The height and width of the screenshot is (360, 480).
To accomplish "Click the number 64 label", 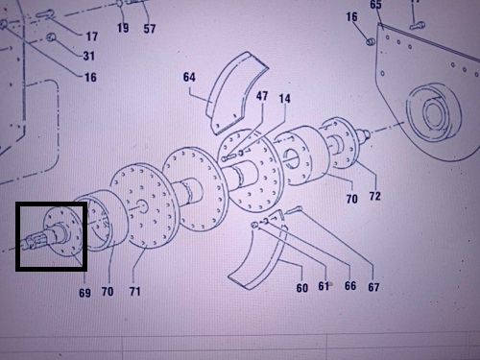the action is point(189,77).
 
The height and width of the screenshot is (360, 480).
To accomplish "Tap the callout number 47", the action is point(262,96).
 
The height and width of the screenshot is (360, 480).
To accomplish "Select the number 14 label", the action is point(284,98).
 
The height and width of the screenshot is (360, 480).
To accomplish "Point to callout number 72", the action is point(375,196).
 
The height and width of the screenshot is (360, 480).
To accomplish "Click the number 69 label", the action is point(84,293).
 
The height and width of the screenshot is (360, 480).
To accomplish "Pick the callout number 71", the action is point(134,291).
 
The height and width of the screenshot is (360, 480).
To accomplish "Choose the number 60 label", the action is point(302,288).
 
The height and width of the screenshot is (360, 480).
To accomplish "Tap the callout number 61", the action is point(324,286).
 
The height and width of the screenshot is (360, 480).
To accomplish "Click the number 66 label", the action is point(350,285).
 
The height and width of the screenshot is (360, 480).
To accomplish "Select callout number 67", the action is point(373,287).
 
